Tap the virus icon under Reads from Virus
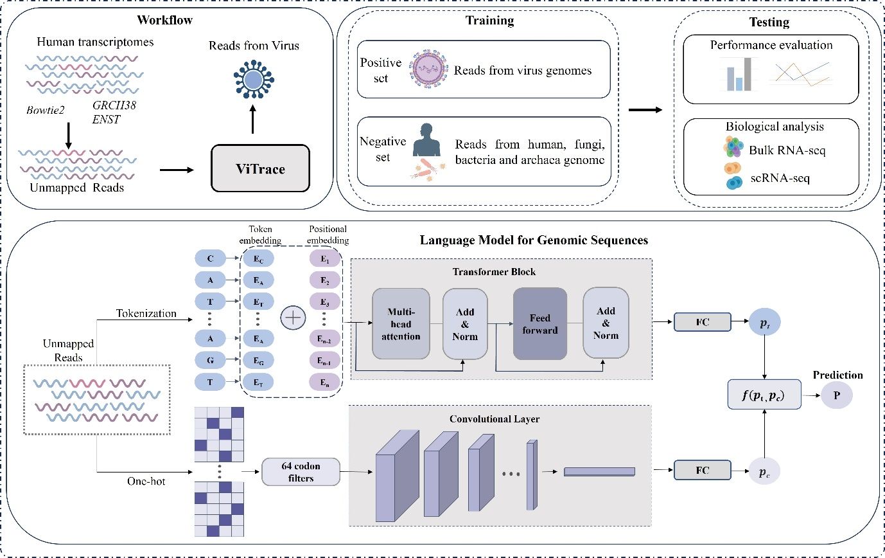coord(253,80)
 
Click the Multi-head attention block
coord(401,323)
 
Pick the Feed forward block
coord(539,323)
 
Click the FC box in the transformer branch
coord(702,321)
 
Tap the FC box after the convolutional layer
coord(702,470)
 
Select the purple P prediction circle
coord(836,395)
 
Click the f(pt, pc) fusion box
coord(765,395)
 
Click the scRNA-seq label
coord(780,177)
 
